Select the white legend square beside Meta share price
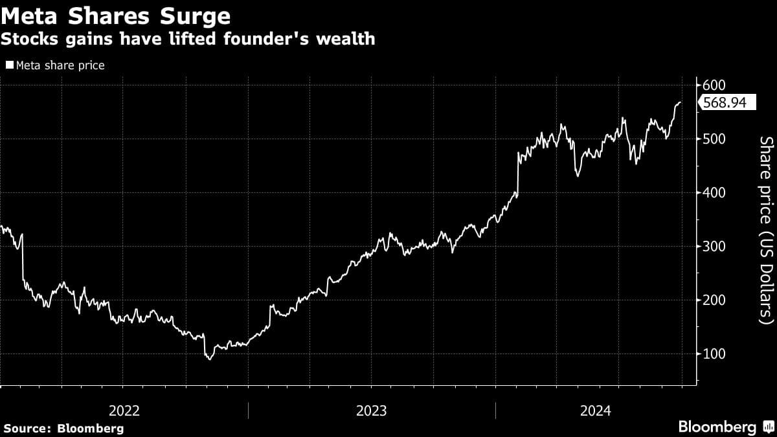tap(9, 65)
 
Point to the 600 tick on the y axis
tap(712, 85)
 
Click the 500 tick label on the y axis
tap(712, 139)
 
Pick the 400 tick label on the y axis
tap(712, 193)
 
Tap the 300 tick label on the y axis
tap(712, 247)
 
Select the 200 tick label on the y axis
tap(712, 300)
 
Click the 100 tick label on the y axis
tap(712, 354)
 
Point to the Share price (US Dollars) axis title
tap(765, 230)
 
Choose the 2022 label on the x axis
tap(124, 410)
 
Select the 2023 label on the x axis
tap(371, 410)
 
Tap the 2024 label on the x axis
tap(596, 410)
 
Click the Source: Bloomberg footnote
tap(63, 428)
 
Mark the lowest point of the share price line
tap(209, 359)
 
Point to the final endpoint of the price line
tap(681, 102)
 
